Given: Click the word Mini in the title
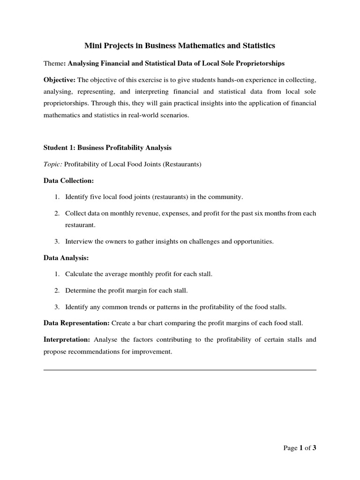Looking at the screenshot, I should point(92,45).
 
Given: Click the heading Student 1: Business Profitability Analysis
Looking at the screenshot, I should point(107,148).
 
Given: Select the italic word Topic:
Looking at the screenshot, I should point(52,164).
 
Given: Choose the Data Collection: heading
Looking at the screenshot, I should point(68,180).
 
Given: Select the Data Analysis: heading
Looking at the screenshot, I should point(66,258).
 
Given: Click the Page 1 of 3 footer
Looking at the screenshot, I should point(300,448).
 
